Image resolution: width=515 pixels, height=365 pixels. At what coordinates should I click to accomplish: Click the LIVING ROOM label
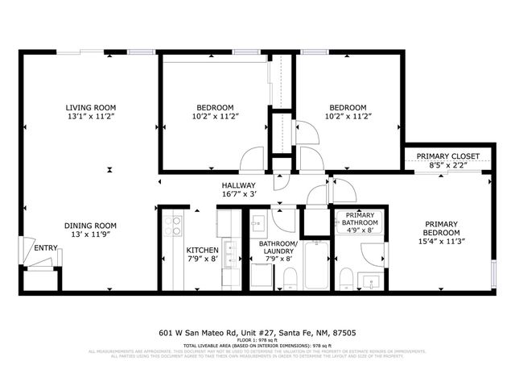point(91,107)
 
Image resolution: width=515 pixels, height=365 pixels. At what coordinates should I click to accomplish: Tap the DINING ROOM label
point(91,225)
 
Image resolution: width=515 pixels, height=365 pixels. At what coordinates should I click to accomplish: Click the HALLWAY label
point(238,185)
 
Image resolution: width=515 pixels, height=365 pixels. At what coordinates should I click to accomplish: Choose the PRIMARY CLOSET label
point(448,156)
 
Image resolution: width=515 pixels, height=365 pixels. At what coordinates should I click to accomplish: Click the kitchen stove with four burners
point(172,226)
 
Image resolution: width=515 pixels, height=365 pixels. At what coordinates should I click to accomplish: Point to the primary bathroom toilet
point(345,279)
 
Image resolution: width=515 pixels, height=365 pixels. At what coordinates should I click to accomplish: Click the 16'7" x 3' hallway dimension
point(238,194)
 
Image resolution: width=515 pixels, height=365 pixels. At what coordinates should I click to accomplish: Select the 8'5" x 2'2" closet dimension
point(448,165)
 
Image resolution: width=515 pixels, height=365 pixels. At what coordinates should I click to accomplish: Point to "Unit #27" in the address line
point(247,332)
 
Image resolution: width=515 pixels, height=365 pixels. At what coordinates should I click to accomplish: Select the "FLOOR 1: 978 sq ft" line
point(257,340)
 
